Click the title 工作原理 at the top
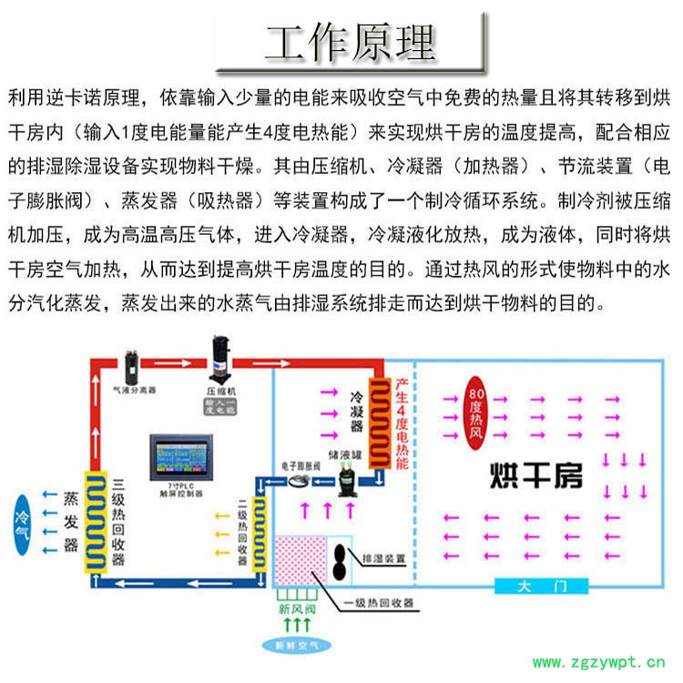tap(350, 41)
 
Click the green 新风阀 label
tap(295, 607)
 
